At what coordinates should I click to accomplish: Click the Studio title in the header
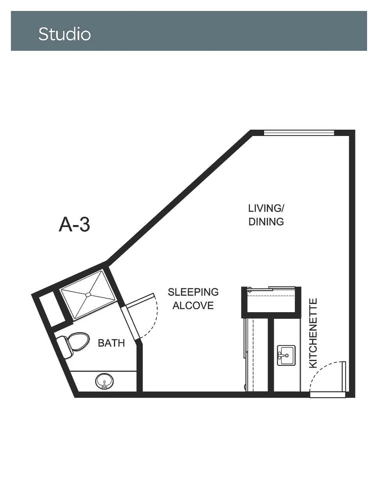coord(65,34)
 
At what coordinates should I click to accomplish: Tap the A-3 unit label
coord(74,225)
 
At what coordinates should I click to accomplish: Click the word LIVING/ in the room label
coord(266,208)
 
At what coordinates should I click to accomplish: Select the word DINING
coord(266,222)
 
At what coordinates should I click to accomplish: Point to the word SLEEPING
coord(193,292)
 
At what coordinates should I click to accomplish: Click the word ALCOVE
coord(193,306)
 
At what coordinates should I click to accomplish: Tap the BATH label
coord(112,343)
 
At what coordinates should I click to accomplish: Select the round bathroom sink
coord(104,381)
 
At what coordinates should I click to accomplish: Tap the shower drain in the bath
coord(88,295)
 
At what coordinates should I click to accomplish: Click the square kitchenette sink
coord(286,355)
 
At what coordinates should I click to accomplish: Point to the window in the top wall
coord(299,133)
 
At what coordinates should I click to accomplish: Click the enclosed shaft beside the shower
coord(52,309)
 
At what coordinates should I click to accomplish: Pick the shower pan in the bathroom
coord(88,295)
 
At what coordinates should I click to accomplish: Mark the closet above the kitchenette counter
coord(271,300)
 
